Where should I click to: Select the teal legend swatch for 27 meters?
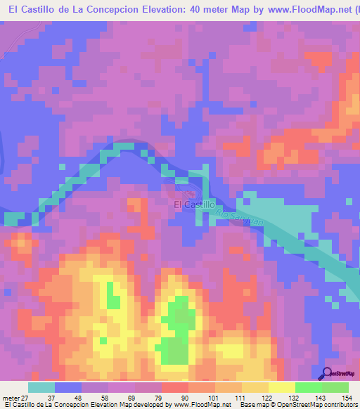[41, 387]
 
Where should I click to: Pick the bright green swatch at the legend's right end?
[335, 387]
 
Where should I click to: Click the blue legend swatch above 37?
[67, 387]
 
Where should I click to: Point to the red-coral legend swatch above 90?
[174, 387]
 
